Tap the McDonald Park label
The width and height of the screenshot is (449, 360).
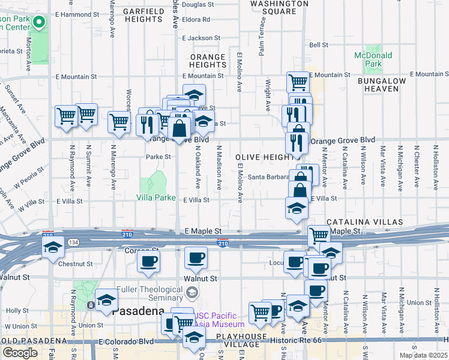click(x=373, y=59)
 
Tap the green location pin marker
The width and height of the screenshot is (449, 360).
click(x=40, y=24)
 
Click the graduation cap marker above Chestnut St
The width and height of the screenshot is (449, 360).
click(x=53, y=247)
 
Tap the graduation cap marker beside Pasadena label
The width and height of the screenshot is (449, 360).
click(x=106, y=299)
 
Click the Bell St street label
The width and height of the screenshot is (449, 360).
click(x=319, y=45)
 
